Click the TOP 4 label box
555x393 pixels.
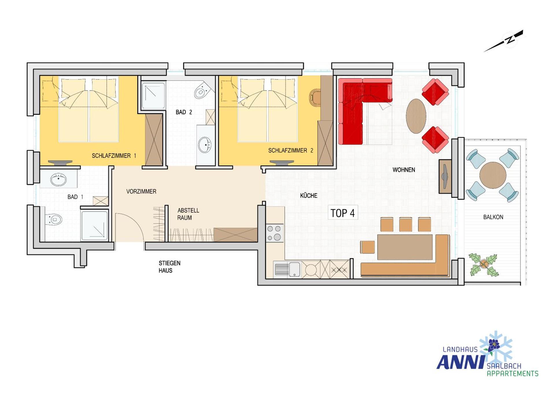tap(343, 213)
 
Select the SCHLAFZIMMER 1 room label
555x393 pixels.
tap(114, 156)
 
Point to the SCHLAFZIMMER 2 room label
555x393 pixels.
tap(291, 150)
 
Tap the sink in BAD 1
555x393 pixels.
tap(58, 179)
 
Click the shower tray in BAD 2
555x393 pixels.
tap(153, 96)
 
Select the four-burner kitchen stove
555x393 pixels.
tap(274, 233)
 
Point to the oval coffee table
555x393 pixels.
tap(416, 116)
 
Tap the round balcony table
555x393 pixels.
tap(493, 175)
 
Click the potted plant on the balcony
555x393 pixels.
tap(483, 264)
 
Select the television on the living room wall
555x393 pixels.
tap(445, 176)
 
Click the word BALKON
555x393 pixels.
tap(493, 217)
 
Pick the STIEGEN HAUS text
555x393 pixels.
tap(169, 267)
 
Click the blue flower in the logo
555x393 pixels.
tap(494, 344)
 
